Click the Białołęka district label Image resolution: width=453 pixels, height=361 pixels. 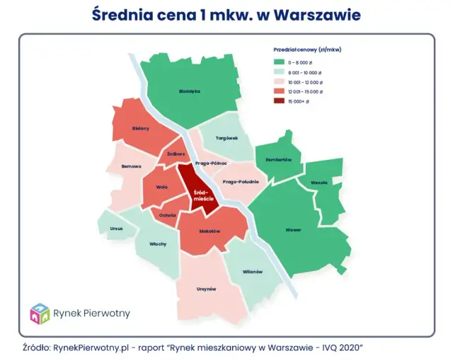(x=190, y=91)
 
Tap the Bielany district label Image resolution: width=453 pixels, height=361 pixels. (x=140, y=128)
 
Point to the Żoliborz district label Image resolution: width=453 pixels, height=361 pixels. (x=176, y=154)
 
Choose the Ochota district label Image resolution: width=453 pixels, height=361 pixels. (x=168, y=214)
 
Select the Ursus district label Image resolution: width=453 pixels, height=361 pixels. (x=115, y=229)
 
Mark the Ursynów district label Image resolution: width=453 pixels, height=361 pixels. (x=206, y=289)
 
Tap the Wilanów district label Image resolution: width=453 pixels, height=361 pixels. (x=253, y=272)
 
